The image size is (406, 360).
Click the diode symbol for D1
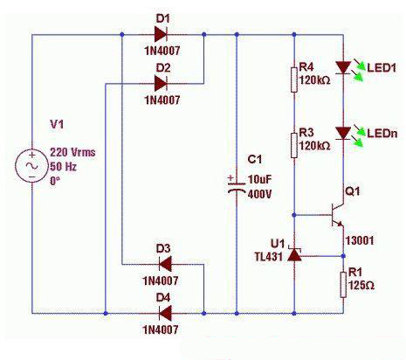click(161, 34)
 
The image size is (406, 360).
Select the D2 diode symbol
click(161, 84)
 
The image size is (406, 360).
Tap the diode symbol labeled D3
click(165, 265)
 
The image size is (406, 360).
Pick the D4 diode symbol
click(165, 314)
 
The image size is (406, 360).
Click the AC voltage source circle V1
click(32, 166)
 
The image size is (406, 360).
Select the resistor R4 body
click(294, 80)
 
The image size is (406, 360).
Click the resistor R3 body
click(294, 145)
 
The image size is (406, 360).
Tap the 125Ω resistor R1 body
click(343, 285)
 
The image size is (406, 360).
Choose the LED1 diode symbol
click(343, 67)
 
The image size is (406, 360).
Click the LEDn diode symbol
click(343, 133)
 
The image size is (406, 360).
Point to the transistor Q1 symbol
click(338, 215)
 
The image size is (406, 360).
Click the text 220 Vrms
click(72, 152)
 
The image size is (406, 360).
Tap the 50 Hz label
click(63, 167)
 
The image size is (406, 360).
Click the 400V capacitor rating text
click(259, 194)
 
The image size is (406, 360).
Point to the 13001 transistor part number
click(360, 241)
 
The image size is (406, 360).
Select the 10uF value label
click(259, 179)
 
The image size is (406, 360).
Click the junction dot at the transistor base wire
click(294, 215)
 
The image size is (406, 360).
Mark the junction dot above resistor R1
click(343, 256)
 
